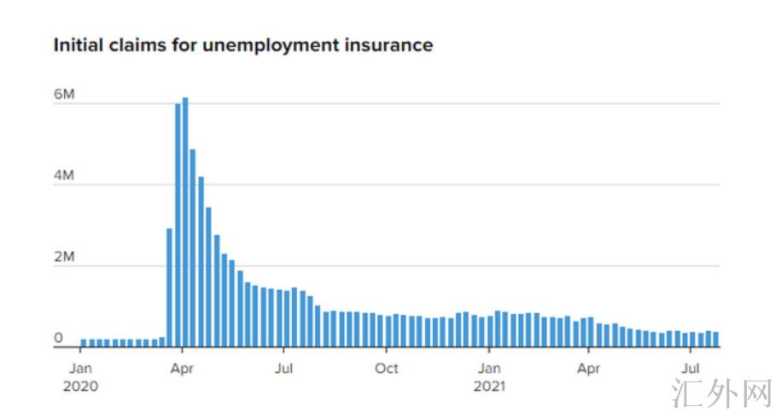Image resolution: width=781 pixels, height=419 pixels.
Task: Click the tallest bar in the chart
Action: coord(185,222)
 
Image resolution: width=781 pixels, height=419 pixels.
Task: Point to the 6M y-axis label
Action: coord(64,95)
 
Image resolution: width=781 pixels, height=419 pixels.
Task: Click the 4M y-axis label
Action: coord(64,176)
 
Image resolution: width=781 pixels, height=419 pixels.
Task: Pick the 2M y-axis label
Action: coord(64,257)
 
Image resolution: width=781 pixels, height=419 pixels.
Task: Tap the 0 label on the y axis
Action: coord(59,338)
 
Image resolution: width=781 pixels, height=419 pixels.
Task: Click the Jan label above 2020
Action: coord(80,369)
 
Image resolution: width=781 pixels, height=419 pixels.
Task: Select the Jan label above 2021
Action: coord(489,369)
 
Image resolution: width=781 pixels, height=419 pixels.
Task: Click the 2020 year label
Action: coord(80,386)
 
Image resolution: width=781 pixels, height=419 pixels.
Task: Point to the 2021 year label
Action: coord(489,386)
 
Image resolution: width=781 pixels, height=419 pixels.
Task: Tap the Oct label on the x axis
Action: coord(387,369)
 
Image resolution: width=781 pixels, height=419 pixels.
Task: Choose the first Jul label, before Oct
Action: coord(284,369)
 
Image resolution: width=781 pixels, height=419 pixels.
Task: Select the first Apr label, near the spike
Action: coord(181,369)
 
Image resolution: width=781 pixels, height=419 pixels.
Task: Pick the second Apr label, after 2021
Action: coord(589,369)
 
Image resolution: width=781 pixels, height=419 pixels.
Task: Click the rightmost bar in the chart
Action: coord(715,340)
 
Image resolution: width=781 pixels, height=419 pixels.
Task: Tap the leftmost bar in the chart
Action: coord(84,342)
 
